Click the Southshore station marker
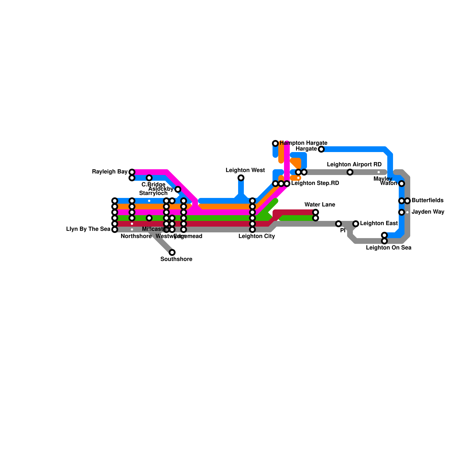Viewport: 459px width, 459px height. (x=172, y=252)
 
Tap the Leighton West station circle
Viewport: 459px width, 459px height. (x=241, y=178)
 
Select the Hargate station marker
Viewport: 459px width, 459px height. (x=321, y=149)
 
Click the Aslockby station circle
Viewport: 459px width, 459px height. (x=178, y=189)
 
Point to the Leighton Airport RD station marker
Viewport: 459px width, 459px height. (x=350, y=172)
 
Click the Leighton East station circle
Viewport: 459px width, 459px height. (x=356, y=224)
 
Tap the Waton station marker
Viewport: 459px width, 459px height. (x=402, y=184)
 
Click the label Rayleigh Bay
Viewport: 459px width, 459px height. (x=110, y=172)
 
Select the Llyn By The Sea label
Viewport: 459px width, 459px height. (x=88, y=229)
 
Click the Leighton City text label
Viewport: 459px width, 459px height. (x=256, y=236)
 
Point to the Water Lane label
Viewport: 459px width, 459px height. (x=320, y=205)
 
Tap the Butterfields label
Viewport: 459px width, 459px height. (x=427, y=201)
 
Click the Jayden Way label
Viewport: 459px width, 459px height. (x=428, y=212)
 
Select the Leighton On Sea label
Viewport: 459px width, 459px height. (x=388, y=248)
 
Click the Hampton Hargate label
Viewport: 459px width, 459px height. (x=303, y=143)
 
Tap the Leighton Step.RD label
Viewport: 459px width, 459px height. (x=315, y=183)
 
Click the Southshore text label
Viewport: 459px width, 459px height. (x=176, y=259)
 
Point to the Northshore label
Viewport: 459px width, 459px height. (x=136, y=236)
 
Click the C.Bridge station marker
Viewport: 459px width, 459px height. (x=149, y=178)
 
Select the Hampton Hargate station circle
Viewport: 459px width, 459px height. (x=275, y=143)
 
